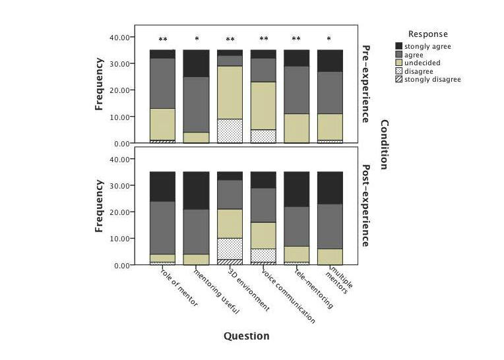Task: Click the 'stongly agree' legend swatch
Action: click(x=399, y=45)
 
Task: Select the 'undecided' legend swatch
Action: click(x=399, y=63)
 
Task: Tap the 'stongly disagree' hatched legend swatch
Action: click(x=399, y=80)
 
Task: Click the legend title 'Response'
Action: click(x=427, y=34)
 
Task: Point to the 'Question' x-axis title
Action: click(x=247, y=336)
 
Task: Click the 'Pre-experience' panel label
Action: click(x=366, y=84)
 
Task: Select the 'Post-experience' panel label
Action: click(x=366, y=206)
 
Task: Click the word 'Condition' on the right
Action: click(x=385, y=145)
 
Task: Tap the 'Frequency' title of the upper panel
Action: click(x=100, y=84)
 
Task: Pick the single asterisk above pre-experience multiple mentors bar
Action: click(x=330, y=40)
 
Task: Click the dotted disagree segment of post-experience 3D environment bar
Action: click(x=230, y=249)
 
